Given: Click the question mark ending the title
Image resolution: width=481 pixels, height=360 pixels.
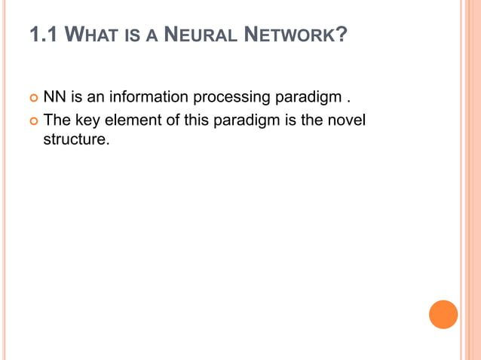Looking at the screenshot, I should (x=342, y=35).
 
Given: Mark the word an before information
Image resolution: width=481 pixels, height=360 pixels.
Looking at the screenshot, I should (x=96, y=98).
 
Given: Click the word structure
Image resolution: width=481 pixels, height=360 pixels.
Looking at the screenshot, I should (x=75, y=140).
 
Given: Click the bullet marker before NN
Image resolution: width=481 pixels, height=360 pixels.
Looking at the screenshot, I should (x=32, y=98).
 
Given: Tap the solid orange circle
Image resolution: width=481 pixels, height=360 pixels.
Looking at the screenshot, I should (x=443, y=314).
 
